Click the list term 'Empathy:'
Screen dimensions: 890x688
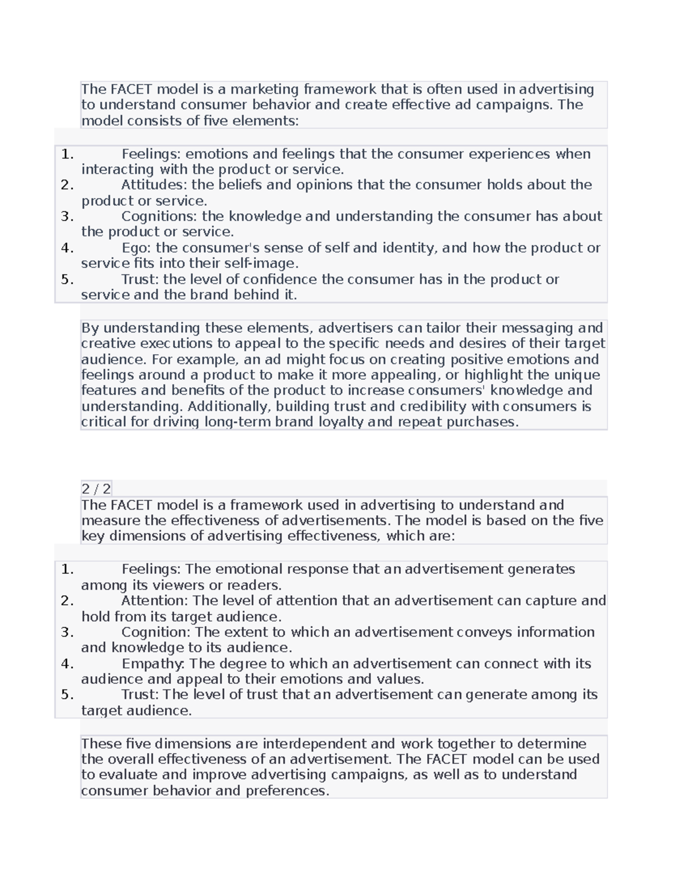click(x=153, y=664)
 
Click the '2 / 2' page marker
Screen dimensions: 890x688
click(x=96, y=489)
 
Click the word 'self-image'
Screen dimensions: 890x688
click(x=269, y=264)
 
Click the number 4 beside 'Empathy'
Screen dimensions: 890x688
click(x=67, y=664)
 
